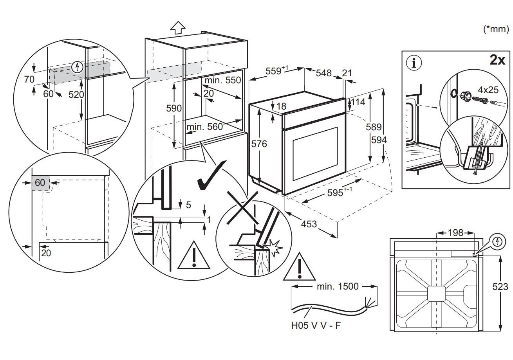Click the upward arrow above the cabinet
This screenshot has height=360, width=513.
178,27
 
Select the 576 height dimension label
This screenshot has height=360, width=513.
259,144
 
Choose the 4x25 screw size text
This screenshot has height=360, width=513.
488,90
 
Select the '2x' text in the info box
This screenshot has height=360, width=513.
497,60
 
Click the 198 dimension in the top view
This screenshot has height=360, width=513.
455,233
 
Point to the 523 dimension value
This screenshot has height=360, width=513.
500,287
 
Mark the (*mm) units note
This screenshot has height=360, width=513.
496,29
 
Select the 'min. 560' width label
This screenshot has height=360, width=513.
204,126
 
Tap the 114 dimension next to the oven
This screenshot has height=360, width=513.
358,102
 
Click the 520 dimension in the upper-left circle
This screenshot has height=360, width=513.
75,94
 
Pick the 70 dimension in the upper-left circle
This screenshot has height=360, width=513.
29,79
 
